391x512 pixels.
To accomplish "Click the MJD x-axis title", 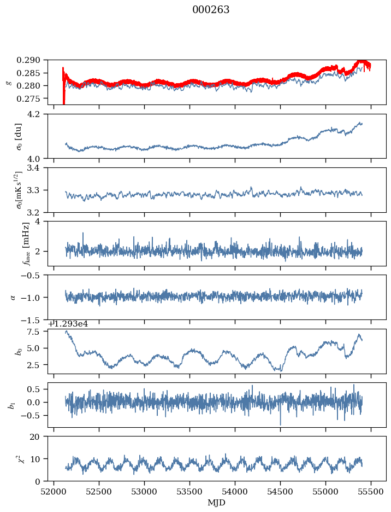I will click(217, 502).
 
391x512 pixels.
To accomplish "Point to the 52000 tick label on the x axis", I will click(54, 492).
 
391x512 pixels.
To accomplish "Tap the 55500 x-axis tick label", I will click(371, 492).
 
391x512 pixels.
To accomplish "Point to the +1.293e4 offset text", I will click(71, 324).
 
